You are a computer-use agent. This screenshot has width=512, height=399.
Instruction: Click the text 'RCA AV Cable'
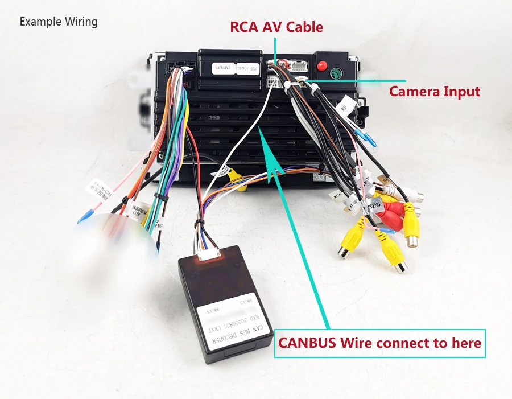tap(276, 27)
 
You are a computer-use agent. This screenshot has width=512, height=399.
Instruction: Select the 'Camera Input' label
tap(434, 91)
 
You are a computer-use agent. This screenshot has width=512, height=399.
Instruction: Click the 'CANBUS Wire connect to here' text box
tap(380, 343)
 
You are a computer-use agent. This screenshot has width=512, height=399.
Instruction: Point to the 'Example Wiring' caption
tap(59, 22)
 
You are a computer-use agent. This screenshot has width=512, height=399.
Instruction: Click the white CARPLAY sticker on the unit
tap(224, 68)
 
